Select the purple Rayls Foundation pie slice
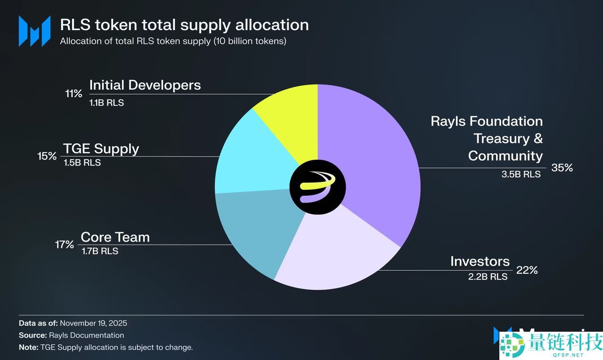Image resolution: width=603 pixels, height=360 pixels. pyautogui.click(x=372, y=160)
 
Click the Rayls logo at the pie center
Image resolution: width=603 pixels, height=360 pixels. pyautogui.click(x=318, y=187)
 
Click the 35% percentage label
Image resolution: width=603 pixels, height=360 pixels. pyautogui.click(x=562, y=168)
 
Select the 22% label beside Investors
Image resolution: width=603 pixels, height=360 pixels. pyautogui.click(x=527, y=270)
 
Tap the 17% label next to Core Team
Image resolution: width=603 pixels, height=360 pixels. pyautogui.click(x=64, y=245)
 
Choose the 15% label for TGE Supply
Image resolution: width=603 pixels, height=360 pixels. pyautogui.click(x=47, y=156)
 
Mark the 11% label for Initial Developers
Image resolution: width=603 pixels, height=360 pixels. pyautogui.click(x=73, y=93)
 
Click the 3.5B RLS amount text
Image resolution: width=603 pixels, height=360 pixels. pyautogui.click(x=521, y=174)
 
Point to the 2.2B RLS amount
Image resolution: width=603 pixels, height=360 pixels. pyautogui.click(x=488, y=277)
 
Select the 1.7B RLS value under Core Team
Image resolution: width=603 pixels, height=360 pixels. pyautogui.click(x=100, y=251)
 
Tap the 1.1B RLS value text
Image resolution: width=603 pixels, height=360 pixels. pyautogui.click(x=106, y=102)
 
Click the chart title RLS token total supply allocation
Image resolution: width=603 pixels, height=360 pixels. pyautogui.click(x=184, y=25)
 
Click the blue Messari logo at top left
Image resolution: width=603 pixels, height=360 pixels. pyautogui.click(x=34, y=31)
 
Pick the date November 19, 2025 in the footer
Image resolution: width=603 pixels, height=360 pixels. pyautogui.click(x=93, y=323)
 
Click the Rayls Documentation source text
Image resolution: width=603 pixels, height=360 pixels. pyautogui.click(x=86, y=335)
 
